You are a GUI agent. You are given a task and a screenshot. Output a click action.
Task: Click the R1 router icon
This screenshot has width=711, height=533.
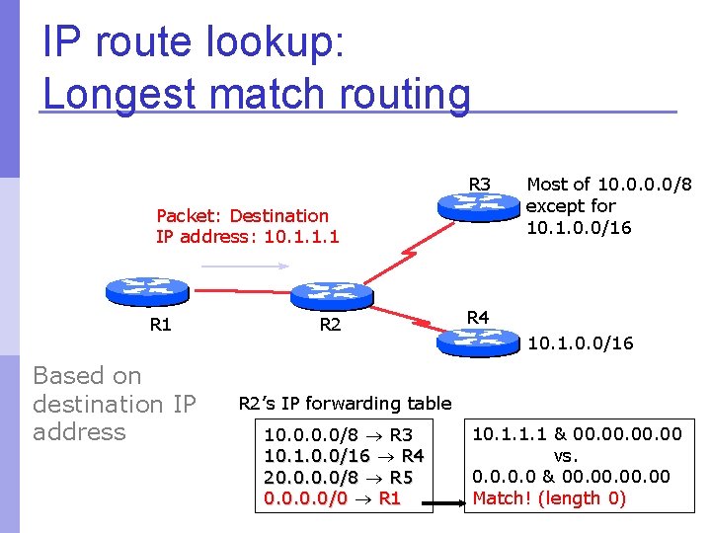pos(145,292)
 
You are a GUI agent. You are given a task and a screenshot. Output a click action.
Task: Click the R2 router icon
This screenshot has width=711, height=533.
pos(332,293)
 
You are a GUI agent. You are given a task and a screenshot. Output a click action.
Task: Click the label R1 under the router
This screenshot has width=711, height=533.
pos(160,325)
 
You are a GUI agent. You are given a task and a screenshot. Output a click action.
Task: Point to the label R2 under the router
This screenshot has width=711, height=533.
pos(331,325)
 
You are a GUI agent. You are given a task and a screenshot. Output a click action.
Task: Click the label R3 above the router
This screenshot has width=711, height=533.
pos(480,185)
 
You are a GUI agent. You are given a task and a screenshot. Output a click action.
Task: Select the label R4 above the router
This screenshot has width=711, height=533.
pos(478,317)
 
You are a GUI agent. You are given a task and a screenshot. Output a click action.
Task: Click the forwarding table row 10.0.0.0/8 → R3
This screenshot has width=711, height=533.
pos(339,434)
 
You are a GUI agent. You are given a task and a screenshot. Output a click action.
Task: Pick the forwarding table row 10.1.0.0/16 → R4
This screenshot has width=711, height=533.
pos(345,456)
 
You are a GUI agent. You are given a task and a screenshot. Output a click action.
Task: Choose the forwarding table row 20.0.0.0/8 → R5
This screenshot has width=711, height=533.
pos(339,478)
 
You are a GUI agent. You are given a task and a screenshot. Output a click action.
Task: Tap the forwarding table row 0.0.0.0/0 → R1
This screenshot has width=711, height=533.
pos(332,498)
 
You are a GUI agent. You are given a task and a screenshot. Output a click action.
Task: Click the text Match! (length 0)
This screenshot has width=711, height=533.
pos(549,498)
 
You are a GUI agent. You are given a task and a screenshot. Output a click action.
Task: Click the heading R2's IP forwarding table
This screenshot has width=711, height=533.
pos(345,403)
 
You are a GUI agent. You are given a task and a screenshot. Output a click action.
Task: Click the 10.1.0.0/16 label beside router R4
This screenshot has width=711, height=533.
pos(581,343)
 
